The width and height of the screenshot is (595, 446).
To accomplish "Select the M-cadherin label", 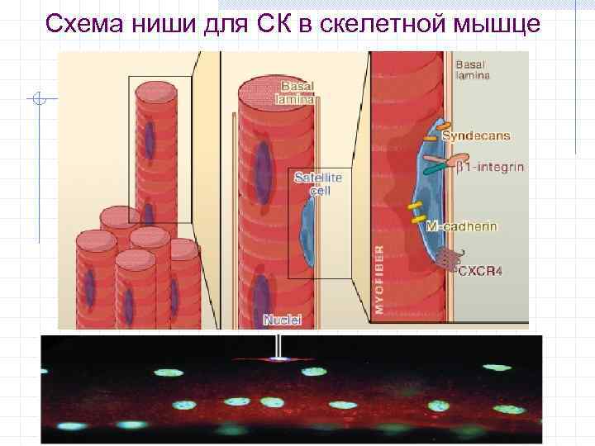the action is (x=462, y=225).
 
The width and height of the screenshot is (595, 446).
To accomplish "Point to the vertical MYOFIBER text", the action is (x=379, y=279).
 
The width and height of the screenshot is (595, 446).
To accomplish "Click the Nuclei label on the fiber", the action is (x=283, y=319).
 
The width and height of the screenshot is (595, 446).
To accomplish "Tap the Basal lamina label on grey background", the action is (x=473, y=69).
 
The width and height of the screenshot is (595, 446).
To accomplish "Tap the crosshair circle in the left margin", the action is (x=38, y=100).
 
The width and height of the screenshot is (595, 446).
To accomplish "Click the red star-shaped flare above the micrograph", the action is (x=280, y=359).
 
